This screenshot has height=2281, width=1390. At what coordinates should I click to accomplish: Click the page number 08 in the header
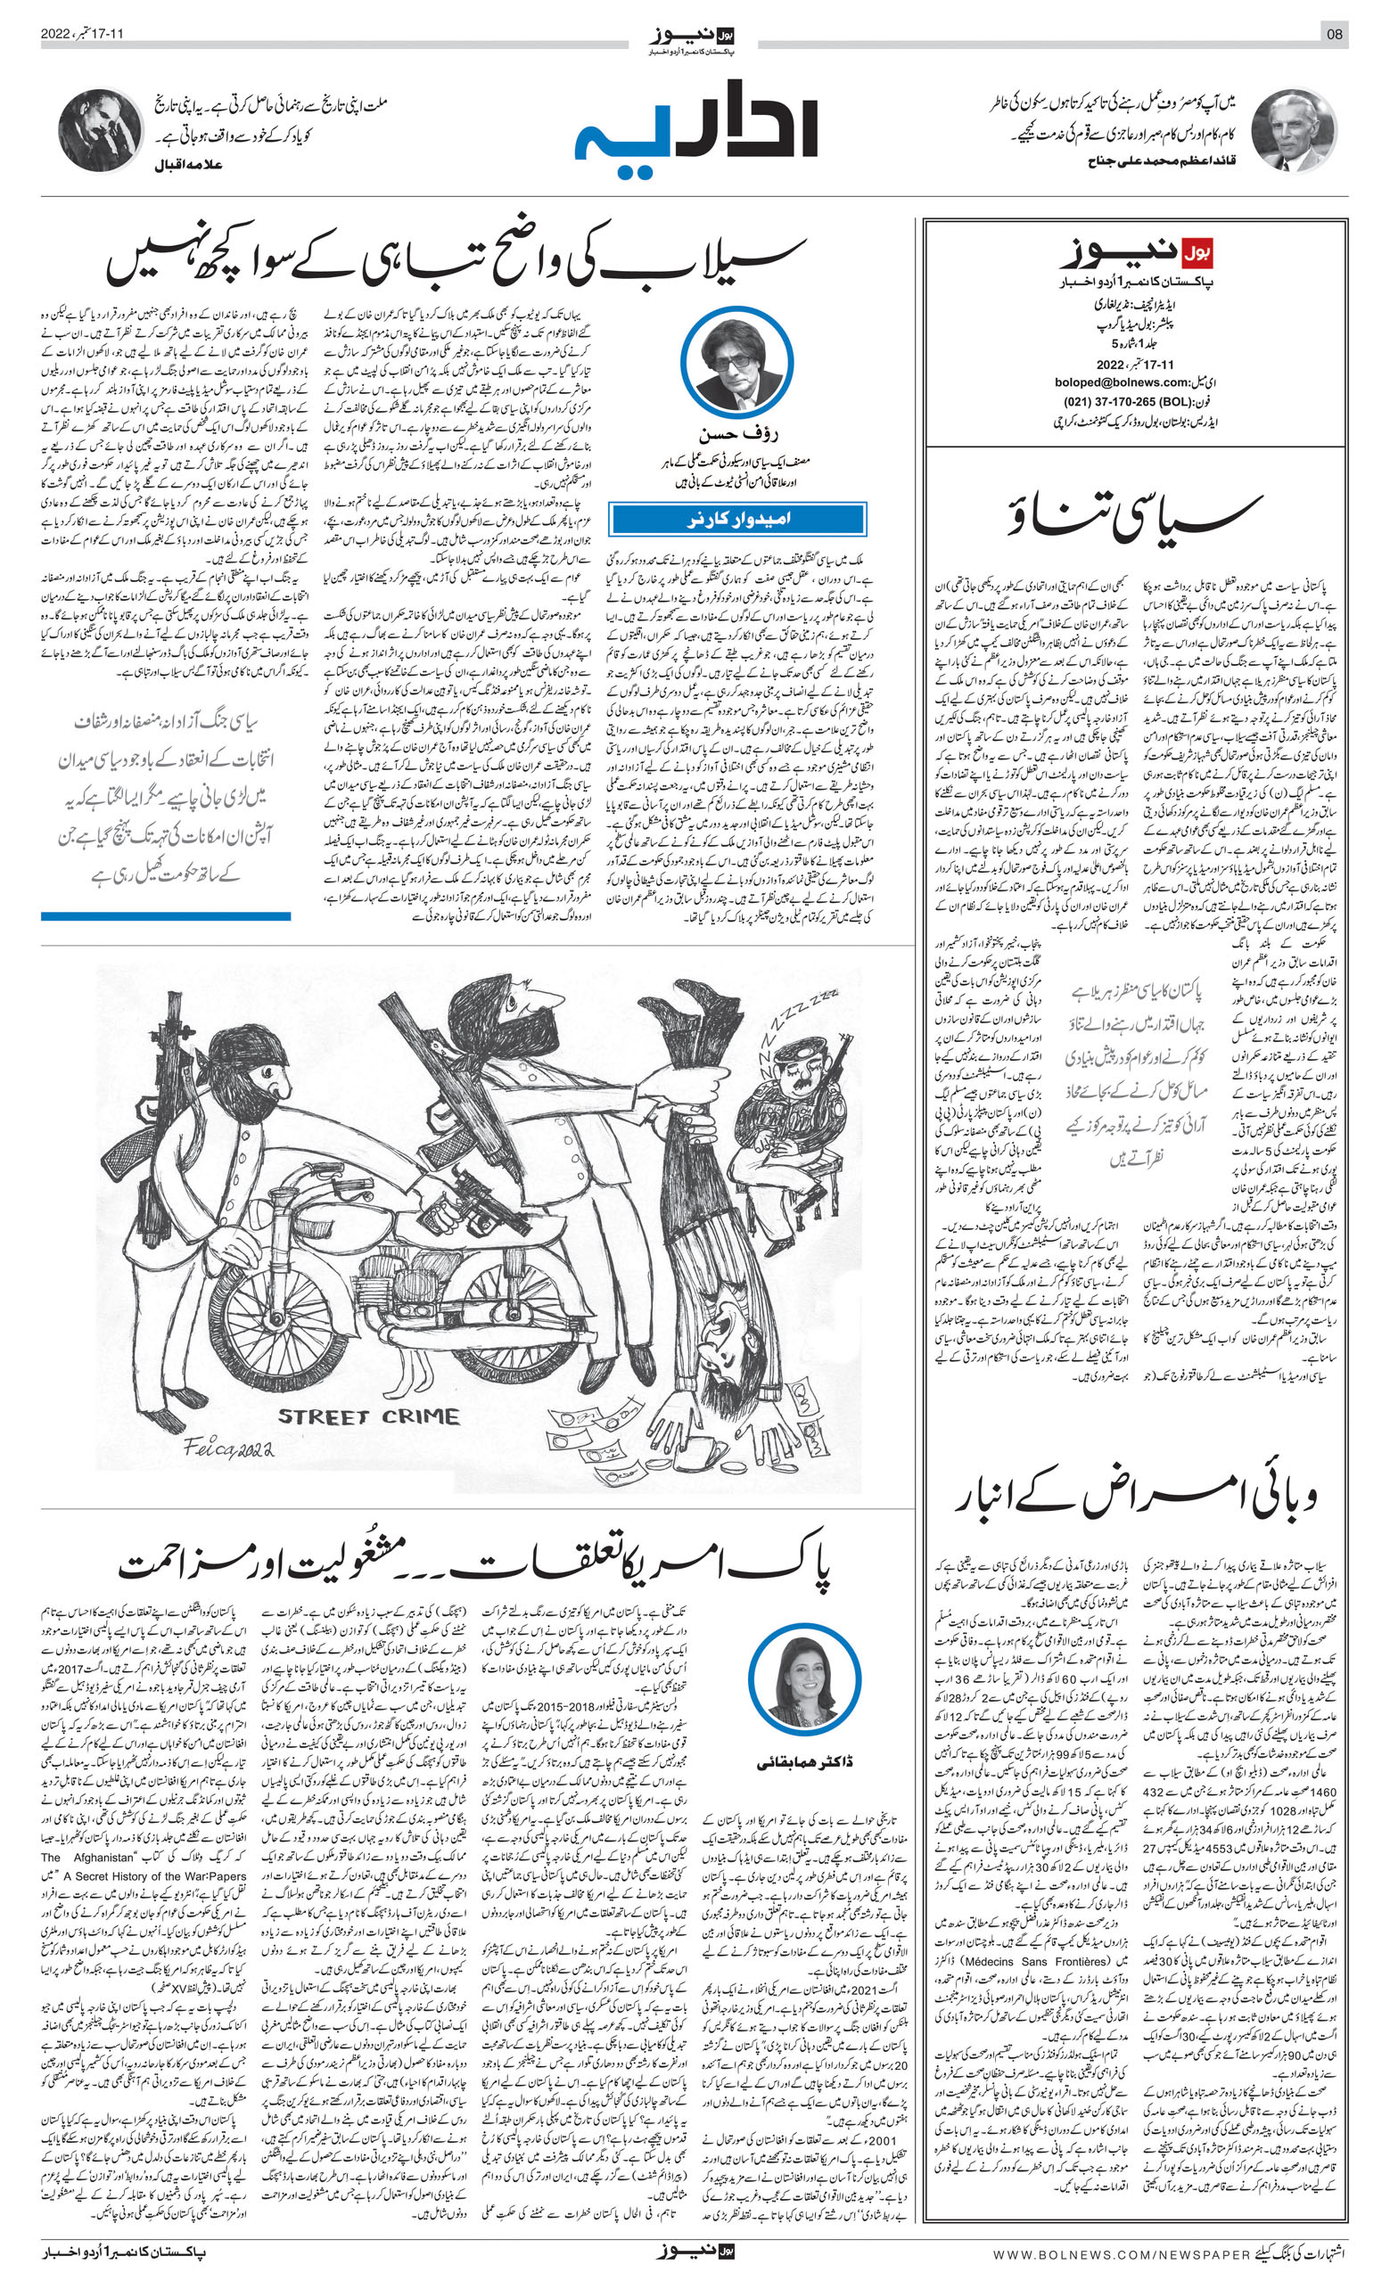click(x=1335, y=34)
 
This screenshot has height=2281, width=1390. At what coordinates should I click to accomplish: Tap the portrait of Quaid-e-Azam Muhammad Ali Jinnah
click(x=1293, y=130)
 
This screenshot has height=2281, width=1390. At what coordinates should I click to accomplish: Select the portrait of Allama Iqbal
click(x=100, y=130)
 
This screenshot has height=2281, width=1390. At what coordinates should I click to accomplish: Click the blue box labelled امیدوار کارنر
click(x=737, y=520)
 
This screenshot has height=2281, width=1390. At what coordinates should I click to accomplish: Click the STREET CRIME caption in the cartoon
click(x=367, y=1416)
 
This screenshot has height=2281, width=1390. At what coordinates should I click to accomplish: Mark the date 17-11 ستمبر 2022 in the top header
click(x=82, y=34)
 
